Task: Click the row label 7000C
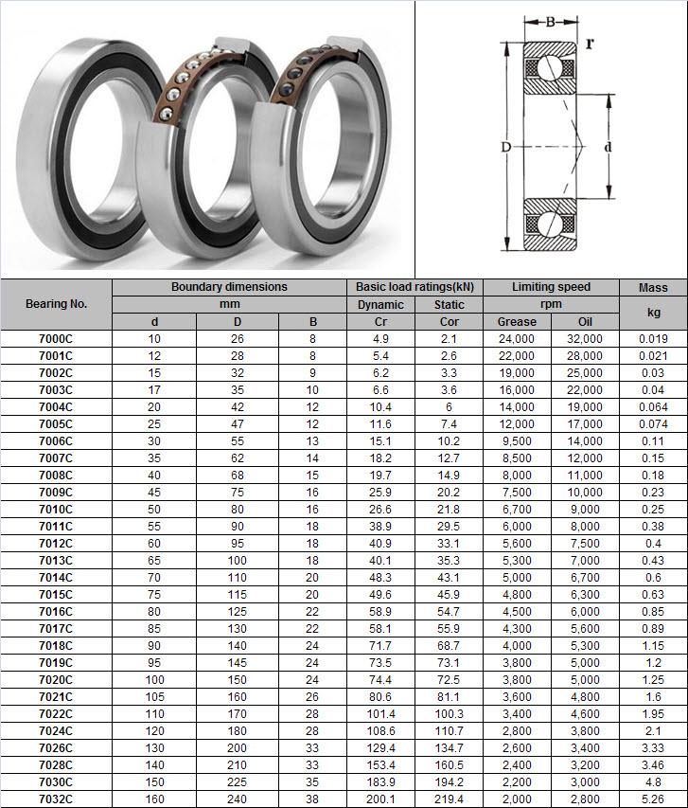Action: tap(56, 339)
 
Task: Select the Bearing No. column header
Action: tap(56, 304)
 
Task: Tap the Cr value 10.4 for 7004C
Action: tap(380, 407)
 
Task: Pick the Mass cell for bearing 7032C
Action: tap(653, 799)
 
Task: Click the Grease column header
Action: tap(517, 321)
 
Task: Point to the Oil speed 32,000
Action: tap(585, 339)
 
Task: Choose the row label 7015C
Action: tap(56, 595)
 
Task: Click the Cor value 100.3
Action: tap(450, 714)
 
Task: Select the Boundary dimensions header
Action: tap(229, 287)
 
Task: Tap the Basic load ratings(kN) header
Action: tap(415, 287)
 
